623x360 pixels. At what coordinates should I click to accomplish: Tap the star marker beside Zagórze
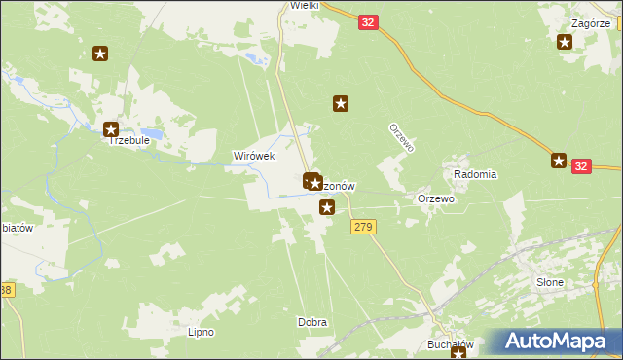tap(565, 41)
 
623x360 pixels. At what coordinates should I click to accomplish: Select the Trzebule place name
tap(128, 140)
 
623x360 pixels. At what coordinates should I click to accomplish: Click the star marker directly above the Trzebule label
tap(110, 129)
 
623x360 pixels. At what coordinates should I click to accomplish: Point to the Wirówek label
tap(253, 156)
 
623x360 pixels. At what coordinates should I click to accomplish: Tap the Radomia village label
tap(475, 174)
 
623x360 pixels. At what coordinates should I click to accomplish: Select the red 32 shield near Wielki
tap(367, 21)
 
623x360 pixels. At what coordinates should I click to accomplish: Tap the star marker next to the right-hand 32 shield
tap(559, 161)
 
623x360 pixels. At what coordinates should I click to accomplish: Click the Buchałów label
tap(450, 344)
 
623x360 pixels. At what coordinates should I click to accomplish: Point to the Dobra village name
tap(311, 322)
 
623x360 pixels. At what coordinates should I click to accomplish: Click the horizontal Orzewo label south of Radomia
tap(436, 198)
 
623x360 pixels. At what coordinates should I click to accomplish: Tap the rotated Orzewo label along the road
tap(402, 137)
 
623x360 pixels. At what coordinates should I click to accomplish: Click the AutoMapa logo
tap(558, 342)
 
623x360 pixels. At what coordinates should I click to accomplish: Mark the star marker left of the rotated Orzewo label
tap(341, 102)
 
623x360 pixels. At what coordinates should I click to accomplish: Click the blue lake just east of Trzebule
tap(152, 132)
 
